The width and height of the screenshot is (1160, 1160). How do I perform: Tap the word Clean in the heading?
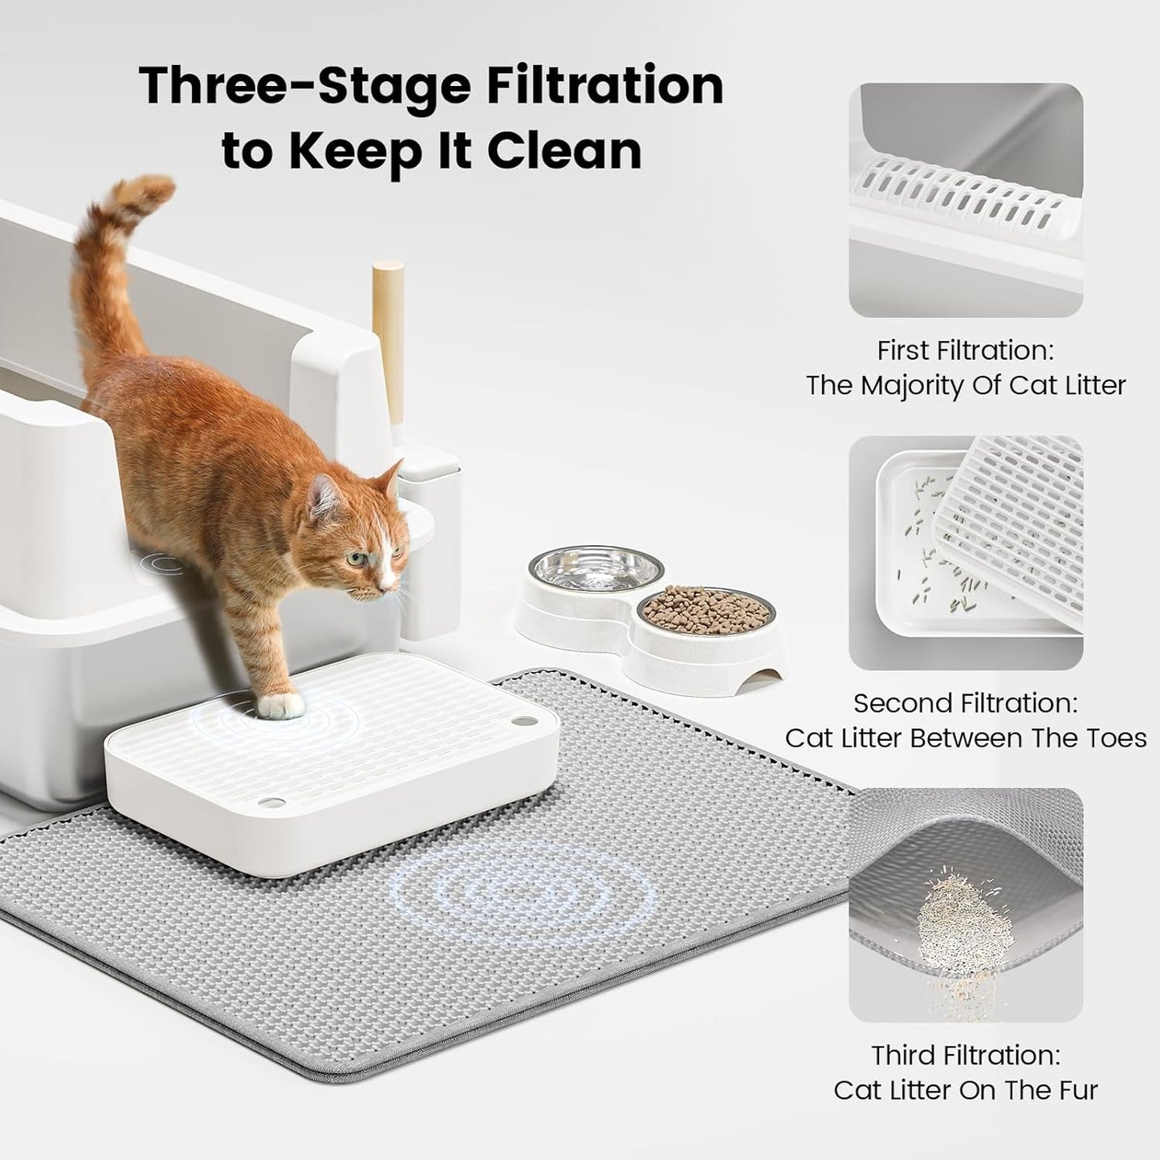[564, 150]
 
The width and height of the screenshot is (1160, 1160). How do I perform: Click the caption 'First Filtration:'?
[965, 351]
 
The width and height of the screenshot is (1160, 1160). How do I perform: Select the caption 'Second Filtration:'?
[965, 703]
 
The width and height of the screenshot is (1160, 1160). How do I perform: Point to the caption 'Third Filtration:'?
[965, 1055]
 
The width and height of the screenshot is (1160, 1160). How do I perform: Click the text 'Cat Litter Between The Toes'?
[965, 738]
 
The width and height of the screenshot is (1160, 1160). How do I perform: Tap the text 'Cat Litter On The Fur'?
[965, 1090]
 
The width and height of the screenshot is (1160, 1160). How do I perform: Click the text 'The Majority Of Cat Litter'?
[965, 385]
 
